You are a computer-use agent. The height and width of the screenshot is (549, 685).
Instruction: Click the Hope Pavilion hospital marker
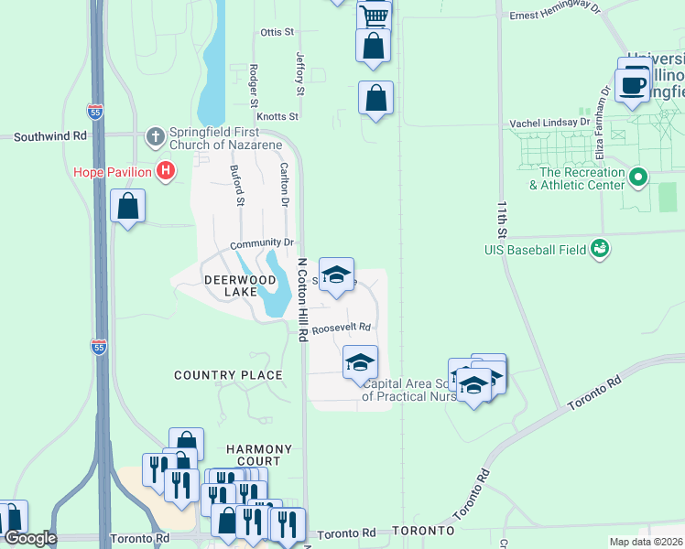(x=166, y=170)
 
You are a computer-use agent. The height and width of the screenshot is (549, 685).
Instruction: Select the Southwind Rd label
(x=49, y=135)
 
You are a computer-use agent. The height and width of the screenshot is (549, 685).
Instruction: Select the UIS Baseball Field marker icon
(x=600, y=248)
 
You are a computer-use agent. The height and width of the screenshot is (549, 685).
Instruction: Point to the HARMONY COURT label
(x=260, y=455)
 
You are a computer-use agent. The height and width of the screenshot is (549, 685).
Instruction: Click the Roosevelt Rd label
(x=341, y=328)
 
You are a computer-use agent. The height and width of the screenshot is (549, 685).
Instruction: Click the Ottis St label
(x=277, y=32)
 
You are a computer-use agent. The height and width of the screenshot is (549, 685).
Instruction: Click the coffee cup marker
(x=632, y=85)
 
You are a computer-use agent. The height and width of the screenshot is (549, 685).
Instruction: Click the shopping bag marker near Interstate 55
(x=128, y=206)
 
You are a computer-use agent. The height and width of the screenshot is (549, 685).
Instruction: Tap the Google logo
(x=29, y=538)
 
